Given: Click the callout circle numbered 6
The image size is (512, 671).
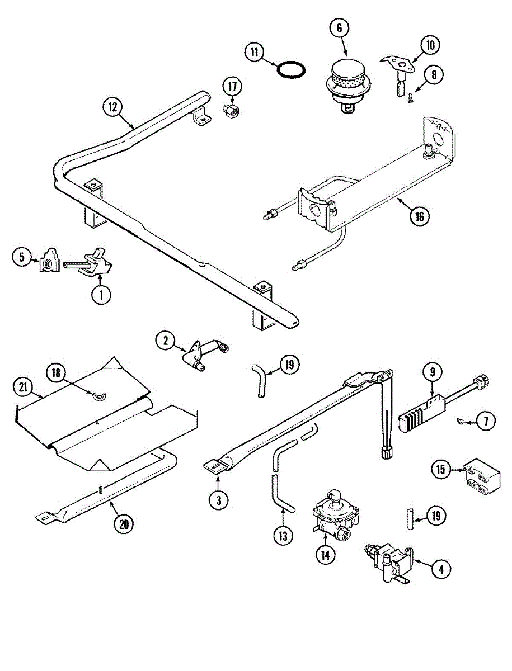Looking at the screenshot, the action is click(339, 28).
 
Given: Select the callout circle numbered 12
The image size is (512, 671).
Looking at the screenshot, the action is click(113, 107).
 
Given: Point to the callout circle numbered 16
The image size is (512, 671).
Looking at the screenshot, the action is click(420, 216).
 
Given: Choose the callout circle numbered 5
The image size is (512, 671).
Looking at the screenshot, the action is click(22, 257).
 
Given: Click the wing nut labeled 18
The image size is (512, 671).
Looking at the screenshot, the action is click(99, 396).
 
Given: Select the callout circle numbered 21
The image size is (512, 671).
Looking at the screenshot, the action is click(23, 388).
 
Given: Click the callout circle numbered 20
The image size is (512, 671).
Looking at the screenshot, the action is click(124, 524).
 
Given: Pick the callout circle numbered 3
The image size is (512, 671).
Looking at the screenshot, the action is click(218, 500).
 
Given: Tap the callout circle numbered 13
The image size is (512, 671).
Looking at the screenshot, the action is click(283, 536).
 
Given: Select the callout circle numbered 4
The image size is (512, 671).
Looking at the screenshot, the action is click(441, 569).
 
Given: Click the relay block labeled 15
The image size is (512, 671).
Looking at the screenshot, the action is click(482, 475).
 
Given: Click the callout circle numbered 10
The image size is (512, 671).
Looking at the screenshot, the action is click(430, 45).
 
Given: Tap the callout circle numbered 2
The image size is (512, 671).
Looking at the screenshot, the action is click(166, 341).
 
